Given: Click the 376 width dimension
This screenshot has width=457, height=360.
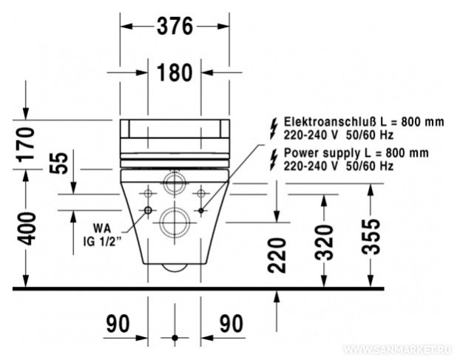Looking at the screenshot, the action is [x=175, y=26].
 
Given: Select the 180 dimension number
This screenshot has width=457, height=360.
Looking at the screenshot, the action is [x=175, y=72].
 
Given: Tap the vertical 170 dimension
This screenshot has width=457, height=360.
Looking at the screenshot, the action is [x=26, y=145].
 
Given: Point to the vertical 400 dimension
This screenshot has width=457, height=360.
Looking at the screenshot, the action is [x=26, y=228].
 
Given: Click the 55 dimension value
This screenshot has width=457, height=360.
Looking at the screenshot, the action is [x=58, y=163].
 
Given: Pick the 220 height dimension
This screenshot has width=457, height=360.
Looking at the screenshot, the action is [x=277, y=255].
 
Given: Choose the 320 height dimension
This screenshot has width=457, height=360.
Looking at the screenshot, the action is [x=325, y=242].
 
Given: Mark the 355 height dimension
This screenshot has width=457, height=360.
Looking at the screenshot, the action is [x=370, y=237].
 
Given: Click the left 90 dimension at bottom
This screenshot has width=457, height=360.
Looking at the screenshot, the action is [x=118, y=324].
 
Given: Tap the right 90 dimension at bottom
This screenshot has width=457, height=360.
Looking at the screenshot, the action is [x=231, y=324].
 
